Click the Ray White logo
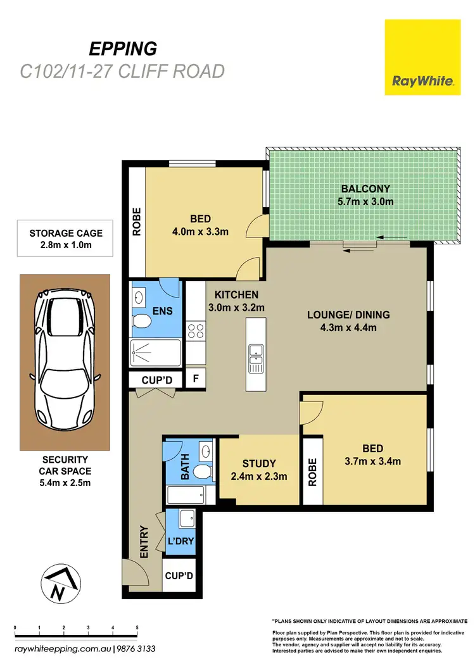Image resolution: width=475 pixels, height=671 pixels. [422, 57]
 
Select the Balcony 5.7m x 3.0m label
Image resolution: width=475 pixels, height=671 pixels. [365, 195]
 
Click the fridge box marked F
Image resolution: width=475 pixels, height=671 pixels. [195, 379]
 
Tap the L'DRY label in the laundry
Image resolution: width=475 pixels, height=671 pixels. [180, 542]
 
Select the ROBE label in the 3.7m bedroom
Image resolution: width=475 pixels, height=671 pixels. [312, 472]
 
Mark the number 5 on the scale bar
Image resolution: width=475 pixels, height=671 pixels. [137, 628]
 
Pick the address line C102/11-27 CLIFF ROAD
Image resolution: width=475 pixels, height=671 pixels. [122, 71]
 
